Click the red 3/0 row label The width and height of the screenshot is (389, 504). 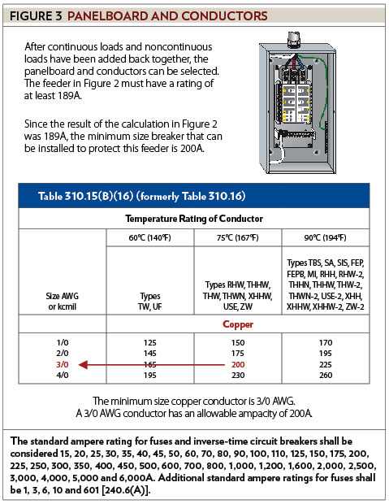click(x=63, y=364)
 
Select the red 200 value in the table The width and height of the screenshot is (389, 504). click(x=238, y=364)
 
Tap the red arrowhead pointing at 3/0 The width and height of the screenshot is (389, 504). click(x=83, y=365)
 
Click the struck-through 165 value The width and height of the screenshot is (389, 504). click(x=150, y=364)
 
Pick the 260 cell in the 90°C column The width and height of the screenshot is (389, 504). click(x=326, y=375)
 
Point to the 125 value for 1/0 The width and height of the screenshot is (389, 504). click(x=150, y=343)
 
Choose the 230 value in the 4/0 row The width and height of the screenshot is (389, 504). click(x=238, y=375)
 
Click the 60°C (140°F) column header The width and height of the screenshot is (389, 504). click(x=149, y=237)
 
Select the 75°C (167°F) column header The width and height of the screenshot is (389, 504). click(x=238, y=237)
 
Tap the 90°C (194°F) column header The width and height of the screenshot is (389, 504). click(x=326, y=237)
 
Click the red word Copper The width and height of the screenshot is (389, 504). click(x=238, y=324)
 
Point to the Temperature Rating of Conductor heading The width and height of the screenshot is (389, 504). click(x=194, y=219)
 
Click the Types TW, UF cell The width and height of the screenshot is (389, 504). click(x=150, y=301)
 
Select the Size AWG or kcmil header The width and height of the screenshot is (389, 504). click(x=63, y=301)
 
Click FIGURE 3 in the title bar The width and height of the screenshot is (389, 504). click(x=36, y=15)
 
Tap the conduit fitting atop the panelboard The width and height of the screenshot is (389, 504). click(x=294, y=40)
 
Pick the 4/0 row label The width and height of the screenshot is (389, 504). click(x=63, y=375)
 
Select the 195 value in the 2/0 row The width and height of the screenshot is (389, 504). click(x=326, y=354)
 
